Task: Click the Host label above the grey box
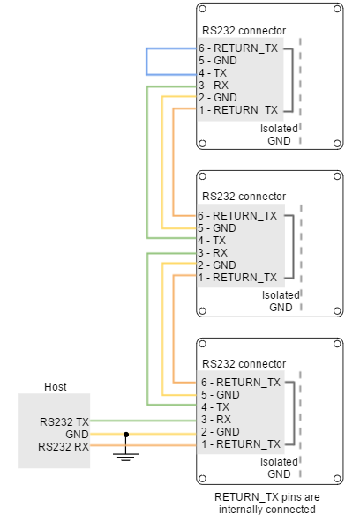56,387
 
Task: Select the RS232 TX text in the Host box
64,422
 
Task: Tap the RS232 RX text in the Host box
64,447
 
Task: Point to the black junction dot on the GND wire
126,435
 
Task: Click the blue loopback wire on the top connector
146,62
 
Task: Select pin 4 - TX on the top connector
213,73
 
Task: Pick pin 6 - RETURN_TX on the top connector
238,48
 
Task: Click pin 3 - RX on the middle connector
213,253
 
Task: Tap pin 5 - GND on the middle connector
217,228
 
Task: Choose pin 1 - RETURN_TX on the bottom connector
241,444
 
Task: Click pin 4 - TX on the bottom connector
215,406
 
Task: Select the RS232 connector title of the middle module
244,197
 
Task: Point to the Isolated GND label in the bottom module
279,468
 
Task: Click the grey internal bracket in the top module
292,80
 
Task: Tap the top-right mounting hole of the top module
337,9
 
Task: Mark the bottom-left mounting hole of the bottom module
202,479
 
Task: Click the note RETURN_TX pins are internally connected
267,503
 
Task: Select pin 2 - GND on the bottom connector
221,431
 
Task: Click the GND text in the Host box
77,434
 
